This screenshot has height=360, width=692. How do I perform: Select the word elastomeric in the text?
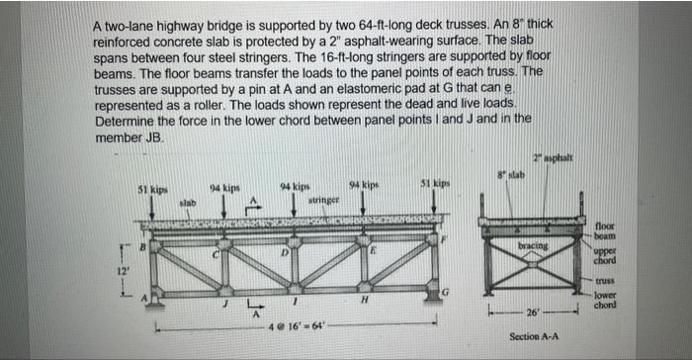[x=358, y=86]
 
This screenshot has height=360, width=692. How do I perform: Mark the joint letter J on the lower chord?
[x=223, y=307]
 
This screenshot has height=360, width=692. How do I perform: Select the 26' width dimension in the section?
[x=534, y=314]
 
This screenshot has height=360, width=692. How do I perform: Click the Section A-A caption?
[x=534, y=336]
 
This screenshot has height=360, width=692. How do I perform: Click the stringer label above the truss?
[x=324, y=201]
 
